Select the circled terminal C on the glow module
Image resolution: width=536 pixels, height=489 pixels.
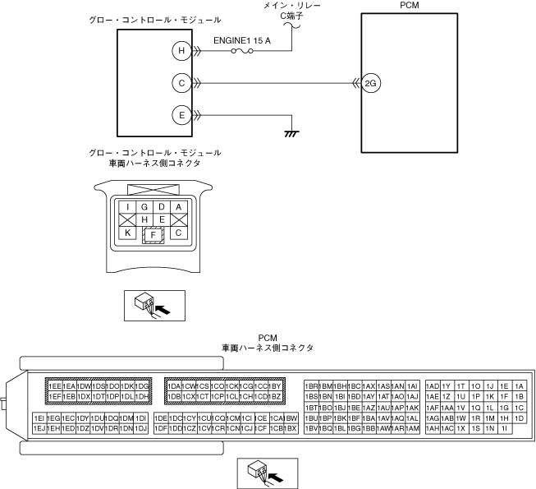point(180,82)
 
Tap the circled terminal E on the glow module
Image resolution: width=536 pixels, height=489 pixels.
point(180,114)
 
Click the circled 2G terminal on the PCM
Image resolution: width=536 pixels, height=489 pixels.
point(370,82)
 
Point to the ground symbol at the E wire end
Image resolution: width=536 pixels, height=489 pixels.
point(289,132)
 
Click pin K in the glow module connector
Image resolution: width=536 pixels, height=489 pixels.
point(127,233)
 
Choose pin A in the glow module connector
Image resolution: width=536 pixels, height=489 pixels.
point(178,206)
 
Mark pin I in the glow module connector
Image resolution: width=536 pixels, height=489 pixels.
point(128,206)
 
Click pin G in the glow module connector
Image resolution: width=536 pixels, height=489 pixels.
point(144,206)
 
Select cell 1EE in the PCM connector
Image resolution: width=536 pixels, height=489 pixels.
point(56,385)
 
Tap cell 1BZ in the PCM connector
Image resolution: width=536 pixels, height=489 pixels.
point(277,397)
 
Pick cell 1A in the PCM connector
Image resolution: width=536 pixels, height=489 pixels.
point(518,385)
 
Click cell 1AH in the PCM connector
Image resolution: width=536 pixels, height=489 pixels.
point(433,428)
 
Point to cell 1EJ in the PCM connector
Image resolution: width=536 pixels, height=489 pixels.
point(39,428)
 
